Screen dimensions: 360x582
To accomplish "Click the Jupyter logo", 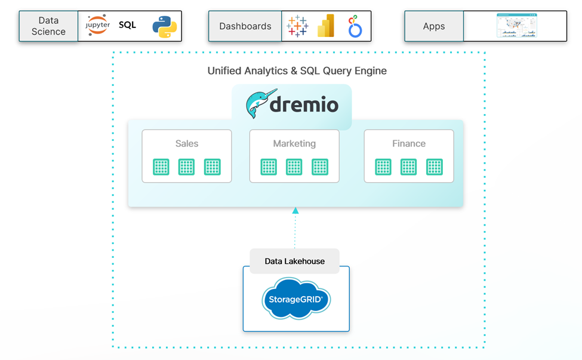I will click(97, 26).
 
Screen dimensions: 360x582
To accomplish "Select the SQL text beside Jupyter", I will click(127, 25).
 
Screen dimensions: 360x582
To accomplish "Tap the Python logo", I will click(164, 27).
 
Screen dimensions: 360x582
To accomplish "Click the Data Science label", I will click(48, 26).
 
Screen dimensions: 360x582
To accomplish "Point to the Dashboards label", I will click(245, 26).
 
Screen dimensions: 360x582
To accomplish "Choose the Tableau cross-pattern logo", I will click(297, 26).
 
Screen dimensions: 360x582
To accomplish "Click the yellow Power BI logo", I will click(326, 26).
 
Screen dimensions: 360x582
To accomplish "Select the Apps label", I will click(434, 26).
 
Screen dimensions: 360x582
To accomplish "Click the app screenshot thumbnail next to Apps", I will click(516, 26).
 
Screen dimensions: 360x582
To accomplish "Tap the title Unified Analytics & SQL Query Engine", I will click(297, 71).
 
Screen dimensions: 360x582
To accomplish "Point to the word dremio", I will click(304, 106).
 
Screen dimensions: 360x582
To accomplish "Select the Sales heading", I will click(187, 143).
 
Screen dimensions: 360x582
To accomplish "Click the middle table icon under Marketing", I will click(294, 167).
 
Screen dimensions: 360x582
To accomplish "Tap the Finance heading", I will click(409, 143).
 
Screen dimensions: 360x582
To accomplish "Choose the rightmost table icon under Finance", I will click(435, 167).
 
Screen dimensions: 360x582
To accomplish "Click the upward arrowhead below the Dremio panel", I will click(295, 210).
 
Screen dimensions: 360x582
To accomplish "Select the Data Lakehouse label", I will click(295, 261).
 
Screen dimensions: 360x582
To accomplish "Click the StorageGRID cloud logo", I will click(296, 299).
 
